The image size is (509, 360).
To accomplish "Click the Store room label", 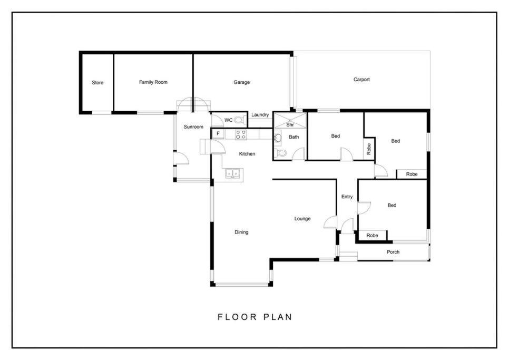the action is (x=97, y=82).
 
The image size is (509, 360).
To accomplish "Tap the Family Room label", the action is (x=153, y=82).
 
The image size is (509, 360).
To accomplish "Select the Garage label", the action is (x=241, y=82).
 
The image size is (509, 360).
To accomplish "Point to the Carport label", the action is (x=361, y=79).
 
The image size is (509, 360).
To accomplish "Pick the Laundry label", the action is (x=260, y=114).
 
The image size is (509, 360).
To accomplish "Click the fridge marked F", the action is (x=218, y=133).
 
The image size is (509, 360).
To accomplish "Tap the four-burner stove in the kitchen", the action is (x=241, y=134).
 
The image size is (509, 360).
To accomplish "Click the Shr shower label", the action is (x=290, y=124).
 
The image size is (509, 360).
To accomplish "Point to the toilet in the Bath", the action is (x=281, y=153).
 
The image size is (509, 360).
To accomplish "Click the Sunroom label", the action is (x=193, y=127).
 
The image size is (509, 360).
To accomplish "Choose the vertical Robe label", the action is (x=369, y=149).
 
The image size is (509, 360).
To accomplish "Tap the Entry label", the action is (x=347, y=197).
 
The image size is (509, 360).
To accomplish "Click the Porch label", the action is (x=393, y=251).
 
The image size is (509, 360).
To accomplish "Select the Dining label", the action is (x=241, y=232).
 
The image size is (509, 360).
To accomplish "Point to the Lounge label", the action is (x=302, y=218).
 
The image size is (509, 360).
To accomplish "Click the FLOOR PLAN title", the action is (x=255, y=317).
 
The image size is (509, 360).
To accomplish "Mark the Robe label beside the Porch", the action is (x=372, y=236).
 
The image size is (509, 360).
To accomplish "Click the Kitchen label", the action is (x=247, y=153).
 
